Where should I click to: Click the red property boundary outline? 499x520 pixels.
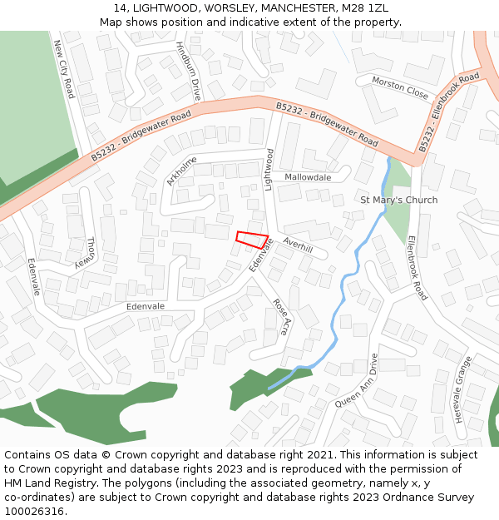253,240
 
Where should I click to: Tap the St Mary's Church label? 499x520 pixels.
398,200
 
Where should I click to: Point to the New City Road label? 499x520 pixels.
64,68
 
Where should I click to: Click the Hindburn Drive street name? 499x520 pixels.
189,72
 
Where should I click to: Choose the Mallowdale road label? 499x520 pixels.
308,177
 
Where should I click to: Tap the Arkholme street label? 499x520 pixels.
182,170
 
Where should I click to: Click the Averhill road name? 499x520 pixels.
297,244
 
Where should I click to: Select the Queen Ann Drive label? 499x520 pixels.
357,380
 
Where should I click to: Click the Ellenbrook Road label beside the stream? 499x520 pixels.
417,267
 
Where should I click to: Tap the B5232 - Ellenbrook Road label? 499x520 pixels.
449,111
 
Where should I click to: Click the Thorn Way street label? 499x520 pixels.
89,253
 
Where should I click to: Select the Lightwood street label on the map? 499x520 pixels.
269,170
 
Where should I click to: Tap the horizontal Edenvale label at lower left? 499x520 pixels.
146,306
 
